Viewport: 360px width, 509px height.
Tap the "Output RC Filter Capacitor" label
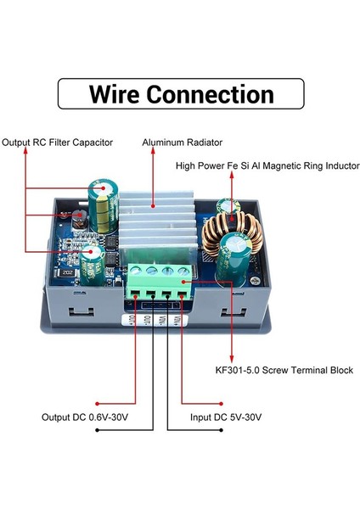tap(57, 143)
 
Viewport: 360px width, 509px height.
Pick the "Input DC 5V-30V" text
tap(224, 417)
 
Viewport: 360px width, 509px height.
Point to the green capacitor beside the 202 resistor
tap(93, 262)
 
